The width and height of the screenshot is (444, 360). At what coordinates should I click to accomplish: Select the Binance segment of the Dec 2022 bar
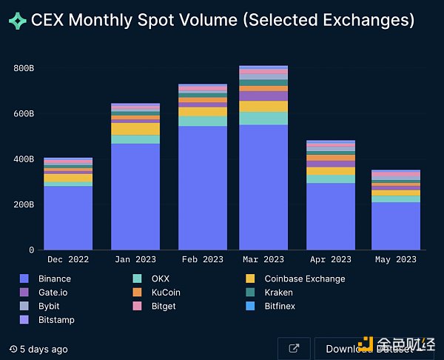(x=68, y=218)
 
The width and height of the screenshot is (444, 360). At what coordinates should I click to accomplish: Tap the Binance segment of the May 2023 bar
(x=396, y=226)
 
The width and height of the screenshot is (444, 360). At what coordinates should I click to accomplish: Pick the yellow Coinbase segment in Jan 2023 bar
(x=135, y=129)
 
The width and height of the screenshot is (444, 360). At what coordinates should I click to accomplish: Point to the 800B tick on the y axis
(x=24, y=69)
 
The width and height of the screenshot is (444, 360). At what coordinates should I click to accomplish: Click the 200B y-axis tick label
(x=24, y=204)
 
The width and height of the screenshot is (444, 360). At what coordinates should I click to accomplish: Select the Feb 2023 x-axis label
(x=203, y=259)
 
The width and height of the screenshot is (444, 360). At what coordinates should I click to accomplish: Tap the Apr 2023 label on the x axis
(x=331, y=259)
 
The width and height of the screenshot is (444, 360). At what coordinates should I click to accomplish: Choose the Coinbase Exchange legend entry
(x=304, y=279)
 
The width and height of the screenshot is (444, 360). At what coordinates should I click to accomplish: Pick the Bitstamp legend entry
(x=56, y=320)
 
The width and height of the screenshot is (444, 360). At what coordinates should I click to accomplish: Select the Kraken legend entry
(x=278, y=293)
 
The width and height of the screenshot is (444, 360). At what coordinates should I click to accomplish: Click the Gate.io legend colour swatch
(x=24, y=293)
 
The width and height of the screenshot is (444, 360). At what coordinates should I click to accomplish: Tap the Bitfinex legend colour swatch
(x=250, y=306)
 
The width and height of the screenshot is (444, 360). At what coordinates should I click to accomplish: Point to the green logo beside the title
(x=17, y=21)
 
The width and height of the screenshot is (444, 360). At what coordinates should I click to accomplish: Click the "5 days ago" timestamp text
(x=44, y=349)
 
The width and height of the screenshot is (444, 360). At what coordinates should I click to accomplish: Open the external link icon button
(x=294, y=349)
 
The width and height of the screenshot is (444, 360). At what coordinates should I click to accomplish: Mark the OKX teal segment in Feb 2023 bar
(x=203, y=121)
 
